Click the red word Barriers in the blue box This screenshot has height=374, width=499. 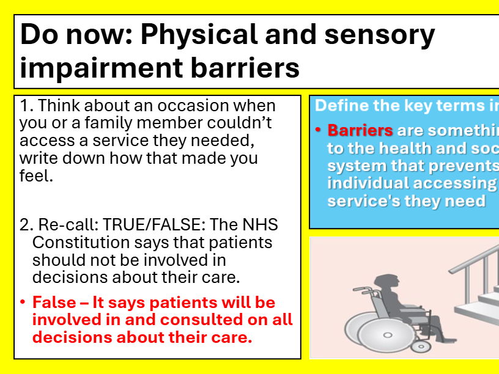pyautogui.click(x=360, y=130)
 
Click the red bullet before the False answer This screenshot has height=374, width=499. pyautogui.click(x=23, y=302)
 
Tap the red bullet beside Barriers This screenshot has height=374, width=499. pyautogui.click(x=319, y=130)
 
